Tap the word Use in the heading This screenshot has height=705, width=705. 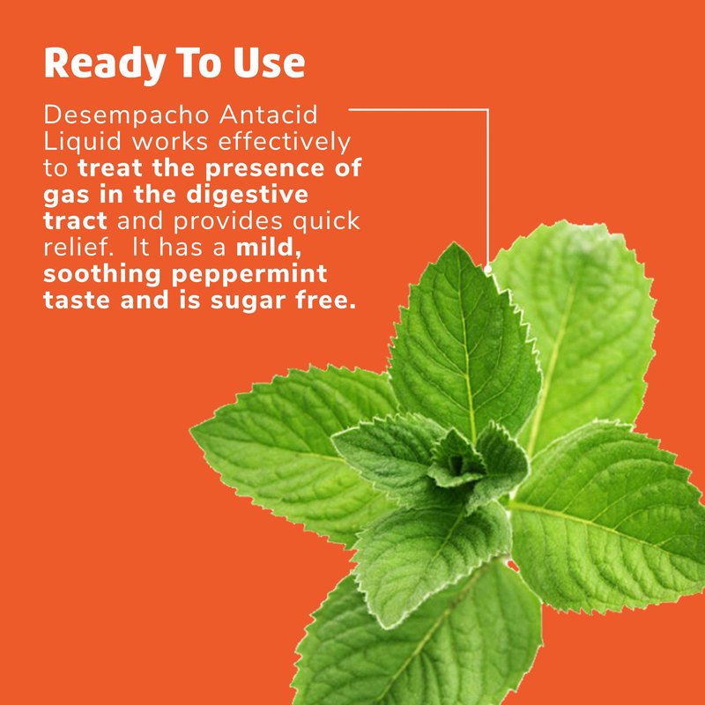pyautogui.click(x=270, y=62)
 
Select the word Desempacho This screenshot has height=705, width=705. pyautogui.click(x=126, y=115)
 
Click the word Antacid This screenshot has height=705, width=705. pyautogui.click(x=269, y=115)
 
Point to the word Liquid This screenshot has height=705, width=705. pyautogui.click(x=83, y=142)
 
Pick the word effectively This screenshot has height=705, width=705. pyautogui.click(x=284, y=142)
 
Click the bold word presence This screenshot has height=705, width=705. pyautogui.click(x=265, y=169)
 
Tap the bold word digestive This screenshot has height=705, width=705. pyautogui.click(x=248, y=195)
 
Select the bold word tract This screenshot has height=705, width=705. pyautogui.click(x=75, y=222)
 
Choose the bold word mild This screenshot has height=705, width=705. pyautogui.click(x=269, y=249)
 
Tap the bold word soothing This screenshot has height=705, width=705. pyautogui.click(x=102, y=275)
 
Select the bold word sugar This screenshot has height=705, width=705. pyautogui.click(x=248, y=301)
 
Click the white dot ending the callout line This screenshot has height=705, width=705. pyautogui.click(x=488, y=270)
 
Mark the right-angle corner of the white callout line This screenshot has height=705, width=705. pyautogui.click(x=488, y=109)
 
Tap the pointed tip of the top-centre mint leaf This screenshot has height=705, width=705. pyautogui.click(x=455, y=244)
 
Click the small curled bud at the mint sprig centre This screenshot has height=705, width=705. pyautogui.click(x=456, y=463)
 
